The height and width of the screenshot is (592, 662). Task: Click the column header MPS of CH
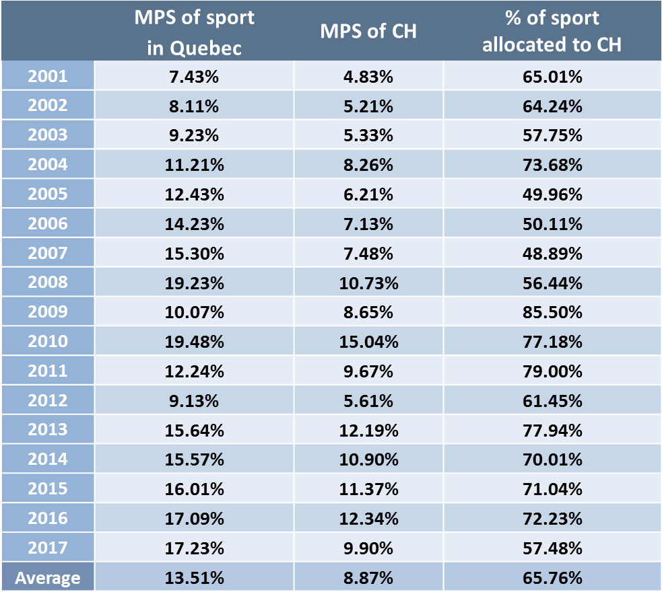pos(368,31)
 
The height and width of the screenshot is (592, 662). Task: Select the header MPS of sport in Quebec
pos(194,31)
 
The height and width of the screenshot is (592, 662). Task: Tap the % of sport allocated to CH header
pos(552,31)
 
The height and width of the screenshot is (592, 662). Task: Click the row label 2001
pos(47,76)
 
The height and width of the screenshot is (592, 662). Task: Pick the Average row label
pos(47,577)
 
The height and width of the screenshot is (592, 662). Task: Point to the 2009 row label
pos(47,312)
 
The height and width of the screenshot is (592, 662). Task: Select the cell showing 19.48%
pos(194,342)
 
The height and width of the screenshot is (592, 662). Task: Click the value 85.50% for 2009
pos(552,312)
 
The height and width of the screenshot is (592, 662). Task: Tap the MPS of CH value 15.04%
pos(368,342)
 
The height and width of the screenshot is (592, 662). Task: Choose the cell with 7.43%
pos(194,76)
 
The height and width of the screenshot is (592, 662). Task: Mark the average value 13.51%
pos(194,577)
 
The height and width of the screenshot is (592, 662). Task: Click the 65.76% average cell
pos(552,577)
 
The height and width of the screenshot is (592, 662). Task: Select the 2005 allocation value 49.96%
pos(552,194)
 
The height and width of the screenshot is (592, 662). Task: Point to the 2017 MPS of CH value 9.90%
pos(368,548)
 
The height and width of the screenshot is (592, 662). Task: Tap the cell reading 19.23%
pos(194,283)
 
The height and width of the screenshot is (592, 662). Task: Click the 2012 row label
pos(47,400)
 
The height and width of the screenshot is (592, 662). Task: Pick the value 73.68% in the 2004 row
pos(552,165)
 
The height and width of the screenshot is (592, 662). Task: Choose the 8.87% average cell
pos(368,577)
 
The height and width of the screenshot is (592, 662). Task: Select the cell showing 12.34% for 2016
pos(368,518)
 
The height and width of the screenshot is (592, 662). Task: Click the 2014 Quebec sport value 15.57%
pos(194,459)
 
